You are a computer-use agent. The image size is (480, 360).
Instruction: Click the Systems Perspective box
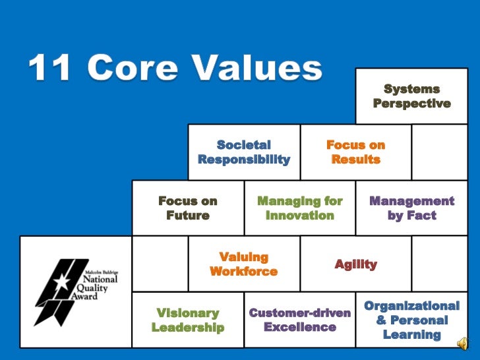tap(411, 96)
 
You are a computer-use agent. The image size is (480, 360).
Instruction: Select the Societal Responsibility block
tap(243, 152)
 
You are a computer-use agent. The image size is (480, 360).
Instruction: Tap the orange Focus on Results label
tap(355, 152)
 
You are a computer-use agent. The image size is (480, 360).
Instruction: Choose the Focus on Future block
tap(188, 208)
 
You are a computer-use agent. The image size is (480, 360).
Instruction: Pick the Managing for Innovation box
tap(300, 208)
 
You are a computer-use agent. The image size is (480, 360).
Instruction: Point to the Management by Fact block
tap(411, 208)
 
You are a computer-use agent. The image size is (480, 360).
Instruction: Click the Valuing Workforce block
tap(243, 264)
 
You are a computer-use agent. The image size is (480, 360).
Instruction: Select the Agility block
tap(355, 264)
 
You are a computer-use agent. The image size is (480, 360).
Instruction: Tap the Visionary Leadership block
tap(188, 320)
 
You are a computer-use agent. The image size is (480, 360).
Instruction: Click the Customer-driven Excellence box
tap(300, 320)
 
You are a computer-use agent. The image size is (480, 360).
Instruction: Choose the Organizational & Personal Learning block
tap(411, 320)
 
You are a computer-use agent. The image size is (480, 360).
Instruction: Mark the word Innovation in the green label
tap(300, 216)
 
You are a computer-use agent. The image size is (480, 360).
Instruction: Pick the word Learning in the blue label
tap(411, 334)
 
